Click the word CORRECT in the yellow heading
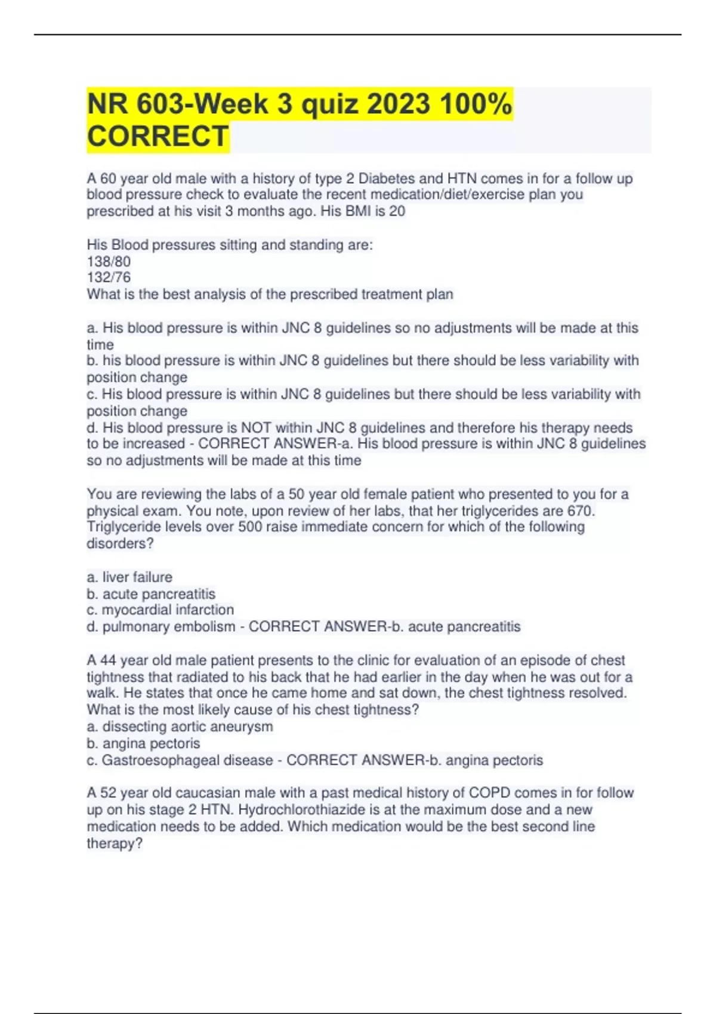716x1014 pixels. pyautogui.click(x=158, y=136)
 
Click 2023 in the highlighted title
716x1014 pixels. pyautogui.click(x=398, y=104)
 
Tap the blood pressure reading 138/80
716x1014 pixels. pyautogui.click(x=109, y=261)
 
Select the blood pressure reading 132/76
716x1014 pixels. pyautogui.click(x=109, y=277)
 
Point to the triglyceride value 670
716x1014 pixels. pyautogui.click(x=581, y=511)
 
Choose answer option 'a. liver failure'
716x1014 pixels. pyautogui.click(x=129, y=577)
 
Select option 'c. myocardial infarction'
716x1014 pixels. pyautogui.click(x=160, y=610)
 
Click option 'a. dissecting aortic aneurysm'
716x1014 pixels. pyautogui.click(x=180, y=727)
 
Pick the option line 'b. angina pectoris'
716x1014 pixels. pyautogui.click(x=143, y=743)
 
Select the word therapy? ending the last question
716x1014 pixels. pyautogui.click(x=115, y=843)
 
